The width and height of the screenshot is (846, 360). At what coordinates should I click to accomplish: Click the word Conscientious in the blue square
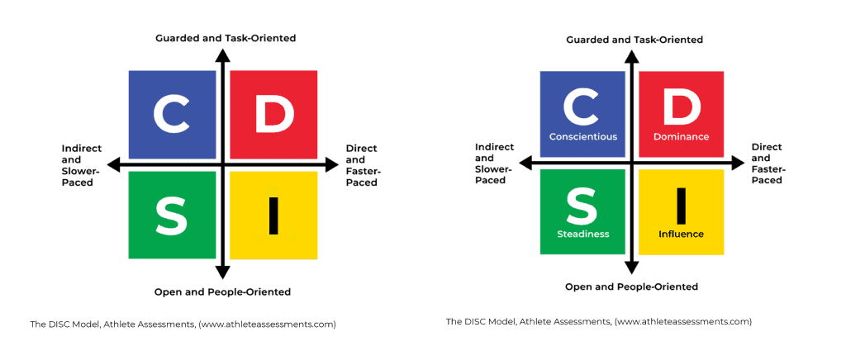coord(582,136)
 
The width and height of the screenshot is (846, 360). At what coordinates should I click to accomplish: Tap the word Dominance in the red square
coord(681,136)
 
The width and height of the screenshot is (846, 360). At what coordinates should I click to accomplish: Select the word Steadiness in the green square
coord(582,234)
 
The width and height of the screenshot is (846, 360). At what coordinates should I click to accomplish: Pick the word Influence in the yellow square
coord(681,234)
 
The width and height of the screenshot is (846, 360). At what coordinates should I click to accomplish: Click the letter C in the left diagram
coord(172,114)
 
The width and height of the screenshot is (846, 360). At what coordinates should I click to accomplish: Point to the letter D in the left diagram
coord(274,114)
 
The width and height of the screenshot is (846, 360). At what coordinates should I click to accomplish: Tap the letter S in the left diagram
coord(172,216)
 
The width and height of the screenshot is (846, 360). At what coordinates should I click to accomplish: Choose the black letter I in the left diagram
coord(273,216)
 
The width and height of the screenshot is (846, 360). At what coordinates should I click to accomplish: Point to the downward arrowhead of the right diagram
coord(632,268)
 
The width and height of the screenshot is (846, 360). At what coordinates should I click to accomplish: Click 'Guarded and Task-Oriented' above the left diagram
coord(226,38)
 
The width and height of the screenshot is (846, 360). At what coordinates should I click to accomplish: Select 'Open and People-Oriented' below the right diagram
coord(631,287)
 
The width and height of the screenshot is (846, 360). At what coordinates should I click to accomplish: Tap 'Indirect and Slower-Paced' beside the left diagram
coord(82,165)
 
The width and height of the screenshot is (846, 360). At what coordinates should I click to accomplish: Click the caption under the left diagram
coord(183,324)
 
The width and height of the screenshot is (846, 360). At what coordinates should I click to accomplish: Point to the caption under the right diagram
coord(598,322)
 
